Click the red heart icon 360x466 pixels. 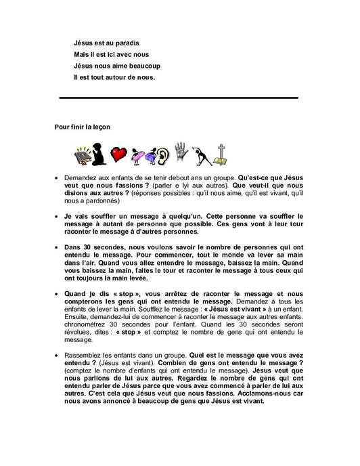click(x=120, y=154)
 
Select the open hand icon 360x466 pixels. click(x=181, y=152)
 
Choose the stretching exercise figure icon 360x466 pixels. click(x=202, y=154)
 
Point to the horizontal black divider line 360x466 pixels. click(x=179, y=98)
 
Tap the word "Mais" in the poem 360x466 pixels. click(x=81, y=54)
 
